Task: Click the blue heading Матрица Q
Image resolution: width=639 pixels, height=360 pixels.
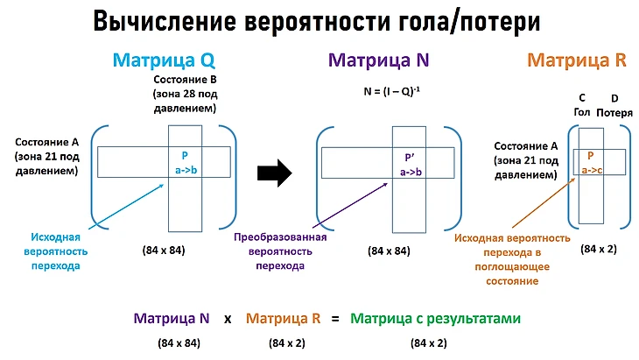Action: pos(163,60)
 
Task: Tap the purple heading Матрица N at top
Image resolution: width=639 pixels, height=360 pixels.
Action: pos(380,60)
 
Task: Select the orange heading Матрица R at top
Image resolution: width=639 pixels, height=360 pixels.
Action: pos(576,60)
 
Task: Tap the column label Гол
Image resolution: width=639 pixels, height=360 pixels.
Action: pos(580,112)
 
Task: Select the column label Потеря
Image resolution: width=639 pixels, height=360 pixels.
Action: pos(614,112)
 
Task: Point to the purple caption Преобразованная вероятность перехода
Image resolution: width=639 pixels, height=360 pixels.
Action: pos(280,251)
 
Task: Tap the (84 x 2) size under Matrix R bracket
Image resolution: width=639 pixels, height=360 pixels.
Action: pos(598,248)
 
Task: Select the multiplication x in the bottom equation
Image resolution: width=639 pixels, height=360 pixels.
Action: pos(228,320)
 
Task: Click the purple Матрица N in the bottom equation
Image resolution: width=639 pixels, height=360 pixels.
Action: pos(172,319)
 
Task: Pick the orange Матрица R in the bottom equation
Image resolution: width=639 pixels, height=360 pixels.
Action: pos(283,319)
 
